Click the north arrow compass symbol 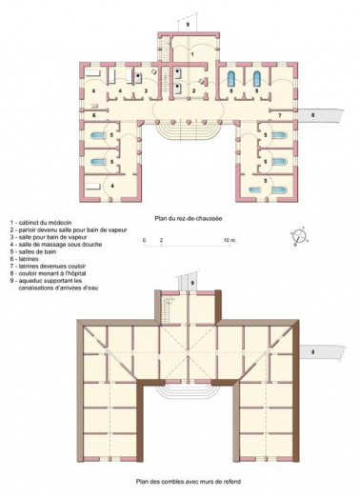click(x=298, y=237)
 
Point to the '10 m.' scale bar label click(x=230, y=244)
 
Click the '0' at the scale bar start click(x=146, y=244)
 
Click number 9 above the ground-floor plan click(x=188, y=20)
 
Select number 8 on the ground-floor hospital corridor click(x=315, y=114)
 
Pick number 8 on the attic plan click(x=315, y=352)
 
